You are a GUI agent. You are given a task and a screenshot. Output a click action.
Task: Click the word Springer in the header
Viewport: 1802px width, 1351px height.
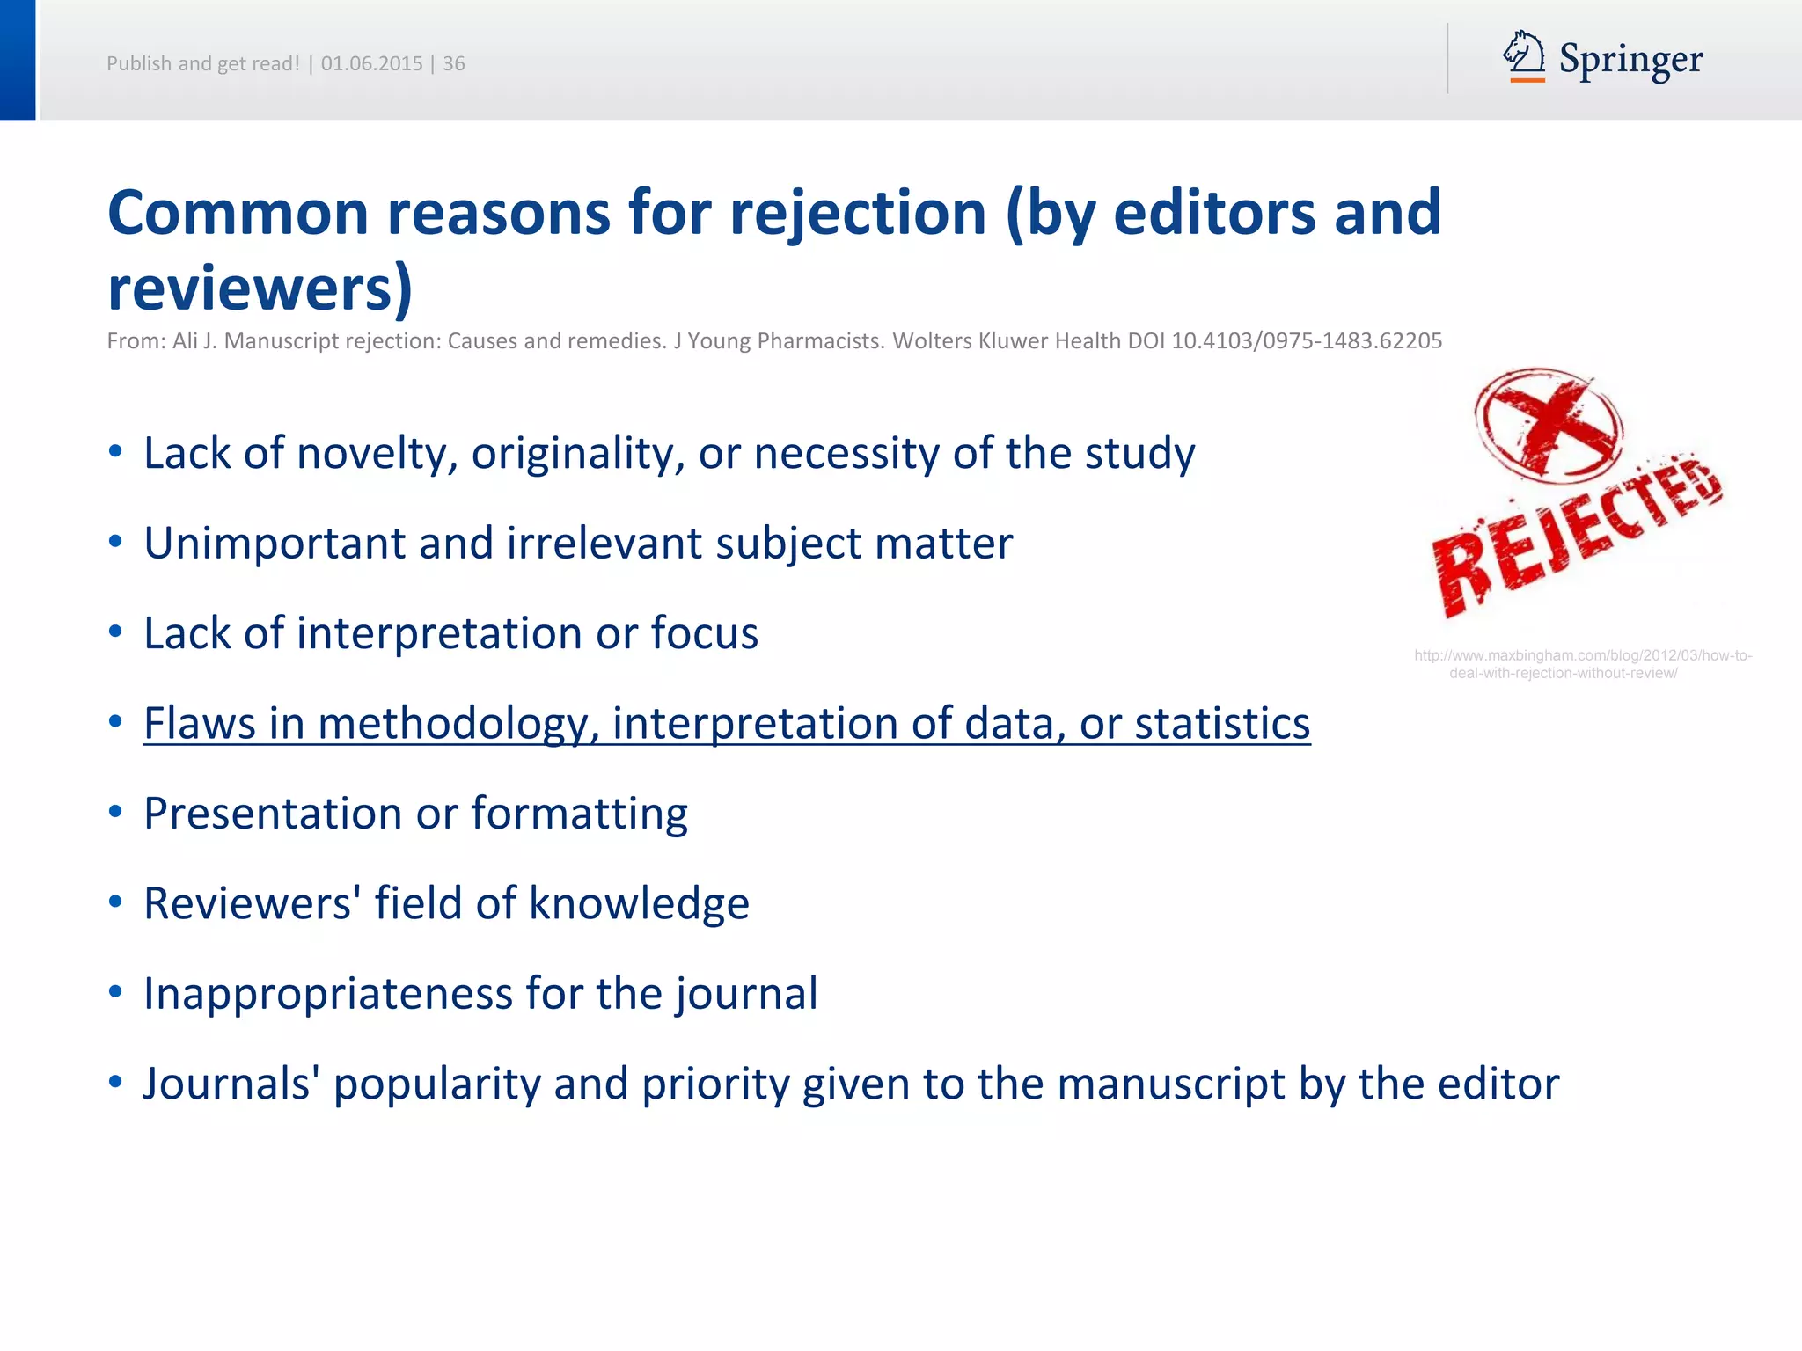click(1630, 60)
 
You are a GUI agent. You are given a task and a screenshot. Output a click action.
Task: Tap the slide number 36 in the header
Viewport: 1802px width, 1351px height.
click(453, 63)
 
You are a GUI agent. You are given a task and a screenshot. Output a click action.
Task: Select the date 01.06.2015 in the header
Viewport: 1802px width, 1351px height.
click(371, 63)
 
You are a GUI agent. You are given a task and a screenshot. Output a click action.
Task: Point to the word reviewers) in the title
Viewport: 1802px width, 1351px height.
click(260, 288)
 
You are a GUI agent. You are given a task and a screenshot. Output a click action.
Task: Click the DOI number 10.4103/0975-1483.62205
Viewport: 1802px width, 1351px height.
click(1307, 341)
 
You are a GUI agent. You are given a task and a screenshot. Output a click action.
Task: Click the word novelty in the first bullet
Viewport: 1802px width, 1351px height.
click(377, 454)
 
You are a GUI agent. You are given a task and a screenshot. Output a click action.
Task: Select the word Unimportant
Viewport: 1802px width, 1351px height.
click(275, 544)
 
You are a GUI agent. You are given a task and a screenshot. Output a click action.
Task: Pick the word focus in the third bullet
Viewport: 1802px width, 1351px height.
click(704, 633)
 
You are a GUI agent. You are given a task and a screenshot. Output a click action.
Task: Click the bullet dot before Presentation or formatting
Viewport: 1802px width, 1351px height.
click(115, 812)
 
